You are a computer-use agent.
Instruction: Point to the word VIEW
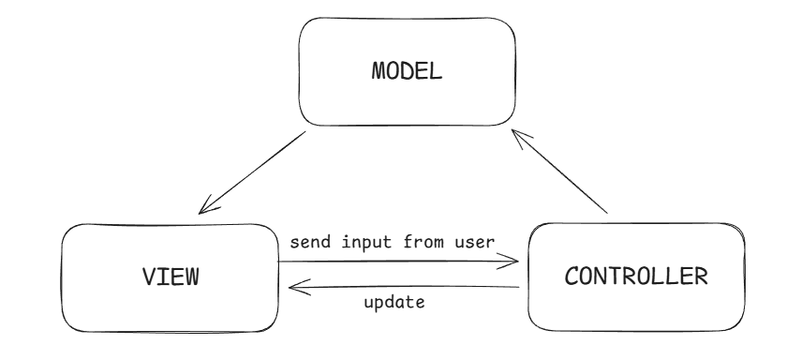pos(171,277)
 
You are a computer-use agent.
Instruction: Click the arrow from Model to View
pos(252,172)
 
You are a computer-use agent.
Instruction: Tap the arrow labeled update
pos(398,290)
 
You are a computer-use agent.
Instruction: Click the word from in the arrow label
pos(419,242)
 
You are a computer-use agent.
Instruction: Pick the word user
pos(471,242)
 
